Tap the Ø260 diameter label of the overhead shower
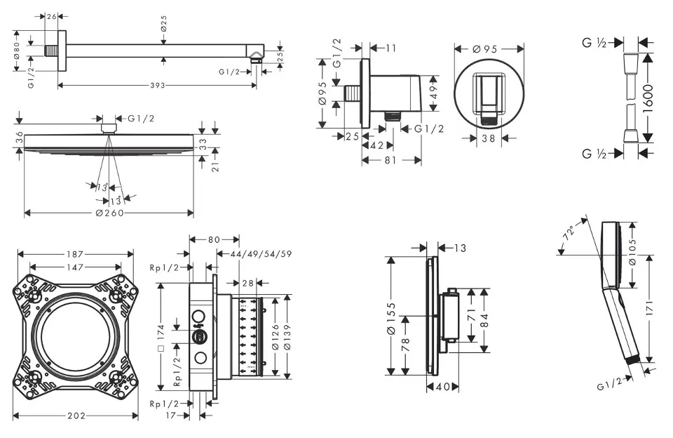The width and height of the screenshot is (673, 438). [x=109, y=213]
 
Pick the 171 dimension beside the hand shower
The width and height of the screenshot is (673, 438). [x=651, y=307]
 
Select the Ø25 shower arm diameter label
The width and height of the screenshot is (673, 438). [x=163, y=25]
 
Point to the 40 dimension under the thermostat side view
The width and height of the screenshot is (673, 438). [x=443, y=387]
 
